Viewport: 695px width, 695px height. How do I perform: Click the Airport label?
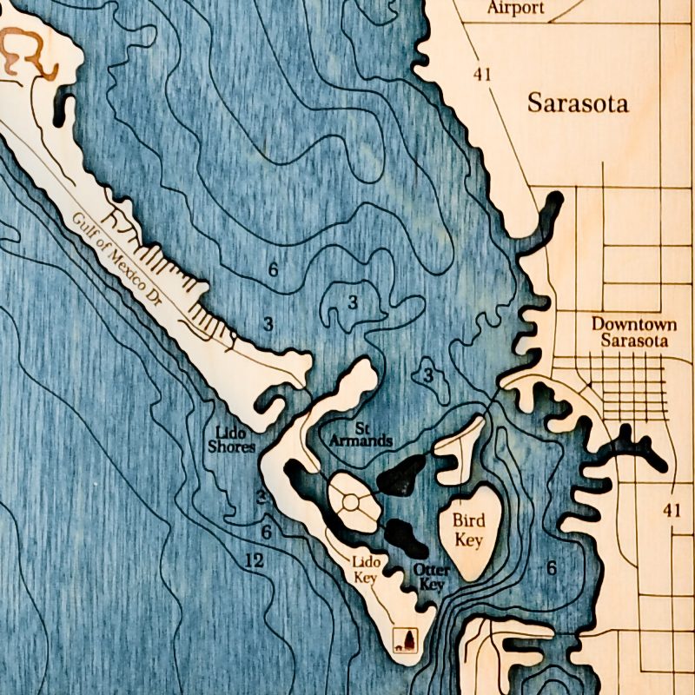[x=516, y=8]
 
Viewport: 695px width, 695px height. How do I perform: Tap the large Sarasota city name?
[x=578, y=104]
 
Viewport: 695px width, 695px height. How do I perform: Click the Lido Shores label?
[x=232, y=439]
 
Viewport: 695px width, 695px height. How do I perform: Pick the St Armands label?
[x=361, y=435]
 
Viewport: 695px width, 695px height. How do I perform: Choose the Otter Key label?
[x=432, y=577]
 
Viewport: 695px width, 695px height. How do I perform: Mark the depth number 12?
[x=254, y=562]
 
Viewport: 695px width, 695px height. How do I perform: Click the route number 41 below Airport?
[x=483, y=74]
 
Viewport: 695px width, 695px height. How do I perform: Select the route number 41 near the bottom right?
[x=672, y=510]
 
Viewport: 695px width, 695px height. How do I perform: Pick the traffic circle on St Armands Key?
[x=351, y=502]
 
